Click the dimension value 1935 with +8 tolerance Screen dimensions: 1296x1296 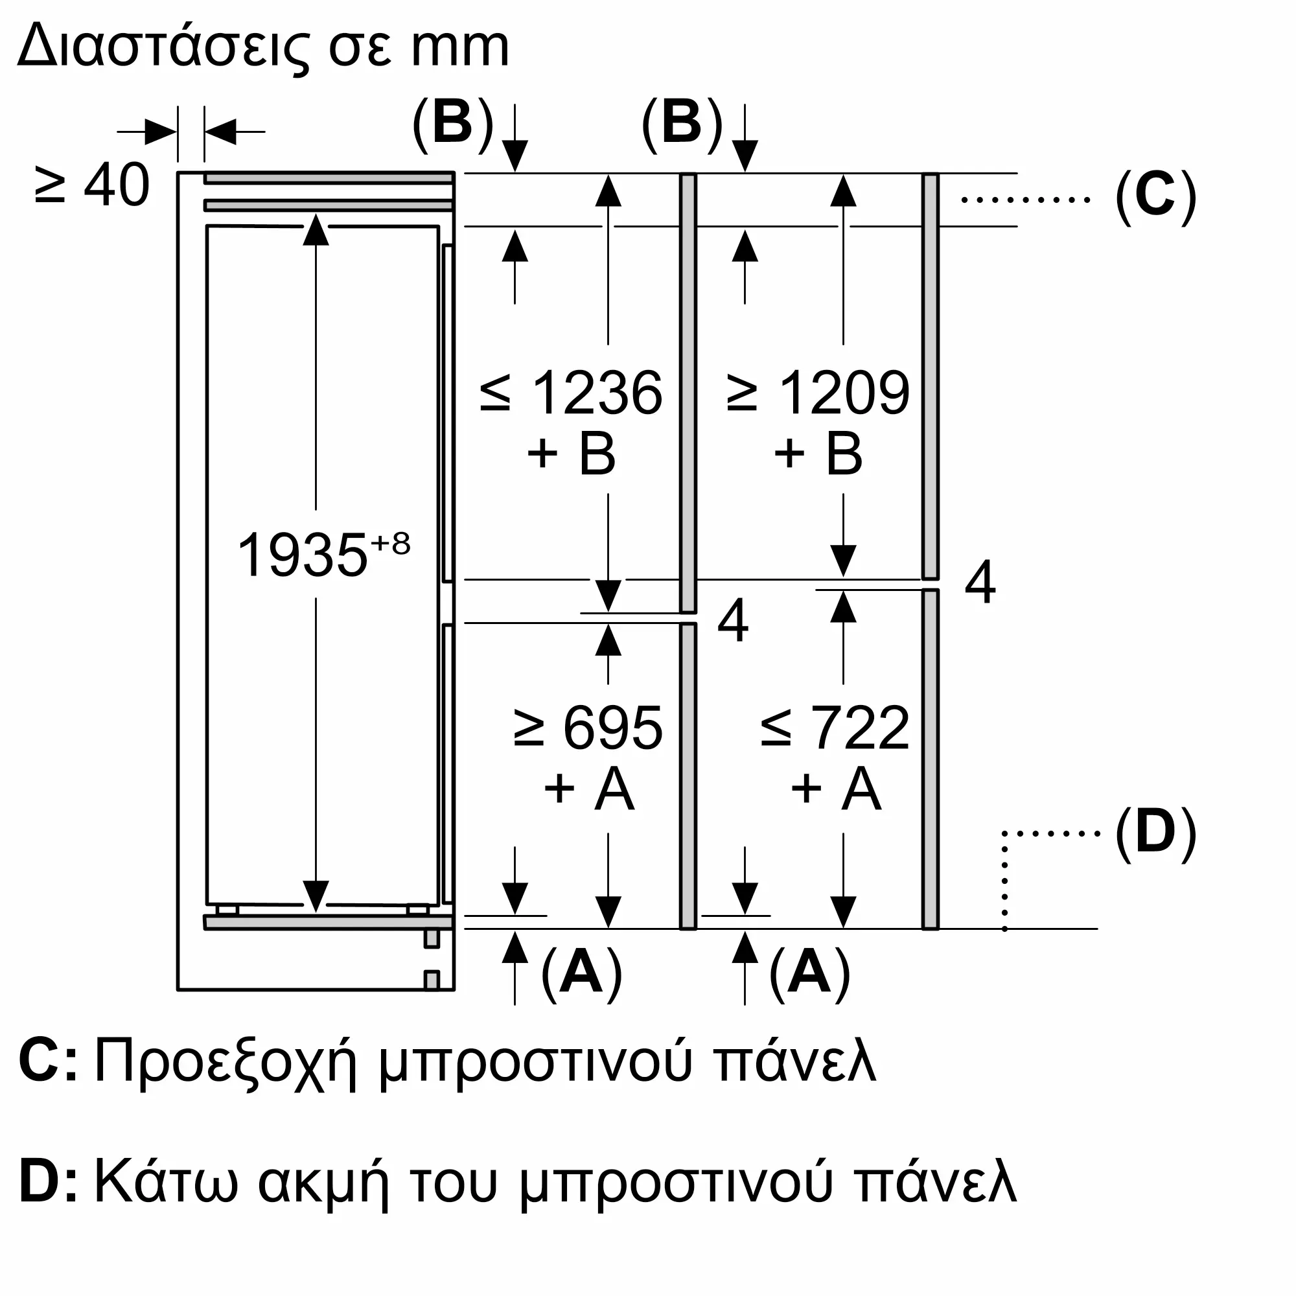pos(323,553)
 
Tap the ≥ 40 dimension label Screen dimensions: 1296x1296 pos(92,185)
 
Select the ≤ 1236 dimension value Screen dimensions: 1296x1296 pos(572,393)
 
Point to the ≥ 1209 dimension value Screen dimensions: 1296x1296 pos(818,393)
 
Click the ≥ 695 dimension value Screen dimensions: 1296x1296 pos(588,728)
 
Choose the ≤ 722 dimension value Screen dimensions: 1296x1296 pos(835,728)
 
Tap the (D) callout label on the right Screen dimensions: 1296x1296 pos(1156,832)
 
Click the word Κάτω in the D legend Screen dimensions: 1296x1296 pos(167,1183)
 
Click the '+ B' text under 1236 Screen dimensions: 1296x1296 pos(572,454)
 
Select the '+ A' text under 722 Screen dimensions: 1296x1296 pos(835,788)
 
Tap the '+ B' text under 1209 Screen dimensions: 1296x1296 pos(818,454)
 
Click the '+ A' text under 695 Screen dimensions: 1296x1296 pos(588,788)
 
